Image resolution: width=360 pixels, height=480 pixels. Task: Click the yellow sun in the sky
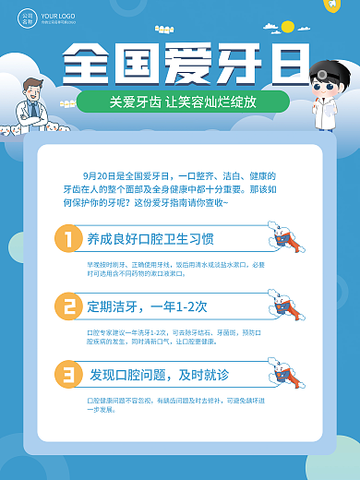287,25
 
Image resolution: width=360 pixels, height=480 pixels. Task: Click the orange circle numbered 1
68,239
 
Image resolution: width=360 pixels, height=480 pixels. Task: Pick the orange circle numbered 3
68,374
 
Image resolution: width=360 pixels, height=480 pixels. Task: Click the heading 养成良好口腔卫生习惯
150,239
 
